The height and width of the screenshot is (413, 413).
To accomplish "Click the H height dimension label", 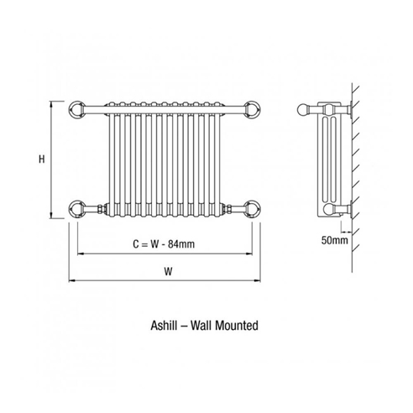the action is [42, 159].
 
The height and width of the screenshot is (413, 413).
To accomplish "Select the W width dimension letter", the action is [168, 271].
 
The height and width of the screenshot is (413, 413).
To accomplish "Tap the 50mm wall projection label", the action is [334, 240].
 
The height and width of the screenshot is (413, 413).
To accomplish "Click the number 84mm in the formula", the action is [181, 244].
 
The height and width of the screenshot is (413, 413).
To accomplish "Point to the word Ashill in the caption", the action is [164, 326].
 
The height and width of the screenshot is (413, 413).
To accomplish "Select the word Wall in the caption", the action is [201, 326].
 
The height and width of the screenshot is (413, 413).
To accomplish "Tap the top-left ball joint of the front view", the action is [77, 109].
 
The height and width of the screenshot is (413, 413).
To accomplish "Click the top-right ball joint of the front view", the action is [252, 109].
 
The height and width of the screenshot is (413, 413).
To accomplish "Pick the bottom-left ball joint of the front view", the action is [77, 209].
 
